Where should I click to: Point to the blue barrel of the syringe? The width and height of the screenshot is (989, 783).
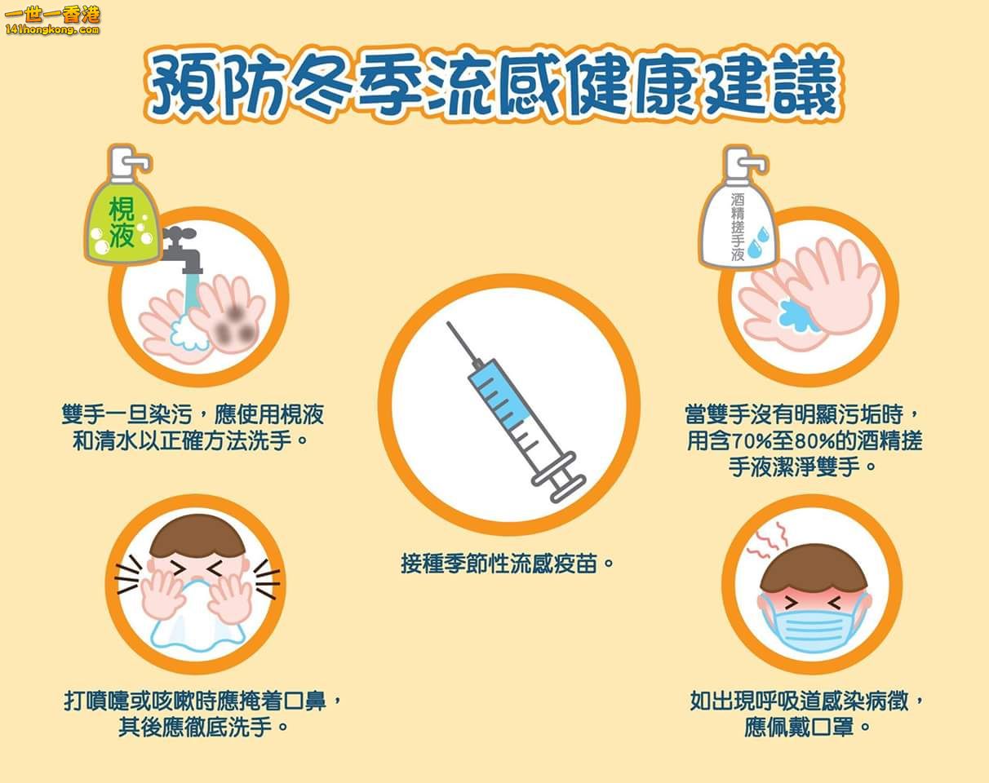coord(501,393)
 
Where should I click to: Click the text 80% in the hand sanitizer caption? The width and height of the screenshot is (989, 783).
coord(815,441)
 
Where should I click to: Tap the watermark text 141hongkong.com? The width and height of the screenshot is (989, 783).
coord(51,30)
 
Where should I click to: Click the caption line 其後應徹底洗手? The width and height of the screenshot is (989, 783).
coord(202,727)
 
